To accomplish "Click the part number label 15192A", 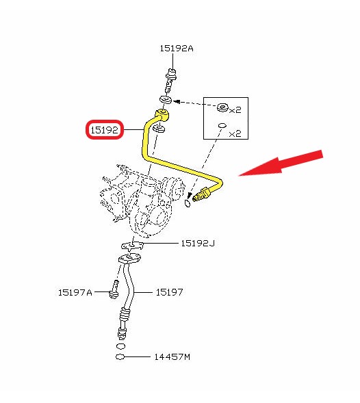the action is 177,49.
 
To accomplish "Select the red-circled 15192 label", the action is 105,130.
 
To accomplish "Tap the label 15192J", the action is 198,243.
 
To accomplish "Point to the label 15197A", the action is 75,292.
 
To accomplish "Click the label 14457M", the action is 172,356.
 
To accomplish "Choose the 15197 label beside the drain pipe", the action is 170,292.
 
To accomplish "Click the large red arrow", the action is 281,164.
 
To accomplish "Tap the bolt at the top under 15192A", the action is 171,81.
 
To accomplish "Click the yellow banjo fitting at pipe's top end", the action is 162,115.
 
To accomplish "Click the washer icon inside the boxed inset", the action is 222,107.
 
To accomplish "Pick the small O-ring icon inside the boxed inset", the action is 222,125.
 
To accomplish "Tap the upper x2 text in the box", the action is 235,110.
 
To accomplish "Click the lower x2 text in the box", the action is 235,133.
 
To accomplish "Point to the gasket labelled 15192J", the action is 132,246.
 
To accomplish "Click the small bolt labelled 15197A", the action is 114,289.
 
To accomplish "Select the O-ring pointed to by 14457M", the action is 120,357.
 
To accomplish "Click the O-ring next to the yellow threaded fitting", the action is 188,204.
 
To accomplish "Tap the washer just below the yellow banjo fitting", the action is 159,129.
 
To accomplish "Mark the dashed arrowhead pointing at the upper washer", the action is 177,101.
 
